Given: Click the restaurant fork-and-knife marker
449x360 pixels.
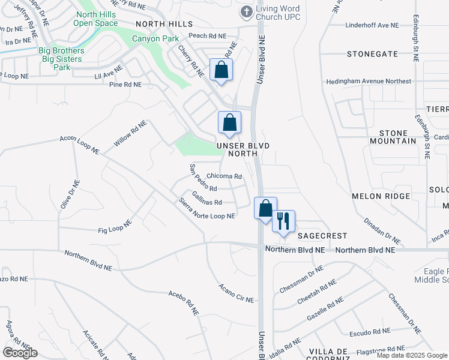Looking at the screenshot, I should pyautogui.click(x=283, y=221).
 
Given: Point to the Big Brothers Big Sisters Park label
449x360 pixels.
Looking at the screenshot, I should pyautogui.click(x=62, y=59).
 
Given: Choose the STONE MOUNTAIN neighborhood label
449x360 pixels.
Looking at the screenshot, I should pyautogui.click(x=389, y=136).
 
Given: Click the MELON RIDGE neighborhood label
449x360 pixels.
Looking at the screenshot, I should pyautogui.click(x=375, y=196).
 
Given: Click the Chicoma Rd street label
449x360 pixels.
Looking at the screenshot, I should pyautogui.click(x=224, y=177).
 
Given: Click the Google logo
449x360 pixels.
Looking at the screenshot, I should pyautogui.click(x=20, y=353).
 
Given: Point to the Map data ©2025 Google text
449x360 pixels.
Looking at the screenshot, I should pyautogui.click(x=411, y=355).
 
